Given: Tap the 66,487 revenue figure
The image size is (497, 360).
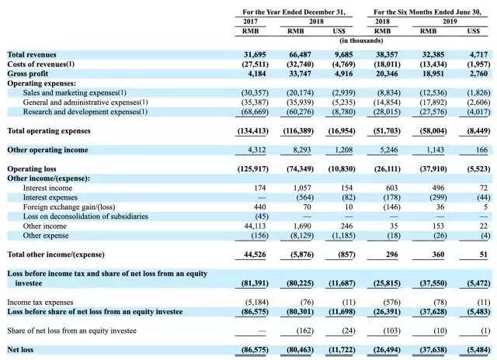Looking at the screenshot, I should point(301,54).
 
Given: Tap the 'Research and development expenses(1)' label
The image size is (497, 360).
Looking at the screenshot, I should point(81,112).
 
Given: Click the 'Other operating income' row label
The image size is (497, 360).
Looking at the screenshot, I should point(47,150).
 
